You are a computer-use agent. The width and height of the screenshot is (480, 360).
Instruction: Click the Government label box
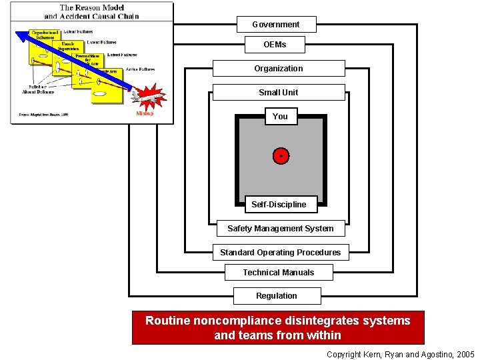(x=276, y=25)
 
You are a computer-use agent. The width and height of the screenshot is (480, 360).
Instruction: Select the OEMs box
(x=275, y=45)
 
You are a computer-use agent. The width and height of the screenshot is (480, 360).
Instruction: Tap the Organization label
(x=279, y=69)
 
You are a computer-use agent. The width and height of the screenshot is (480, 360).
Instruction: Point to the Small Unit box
(x=279, y=93)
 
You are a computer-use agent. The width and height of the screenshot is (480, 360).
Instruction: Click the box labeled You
(x=280, y=117)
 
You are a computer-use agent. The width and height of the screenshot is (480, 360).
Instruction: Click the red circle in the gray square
(x=281, y=156)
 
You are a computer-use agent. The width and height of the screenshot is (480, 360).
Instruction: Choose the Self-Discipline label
(x=279, y=205)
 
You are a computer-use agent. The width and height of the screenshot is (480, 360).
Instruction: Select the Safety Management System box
(x=280, y=229)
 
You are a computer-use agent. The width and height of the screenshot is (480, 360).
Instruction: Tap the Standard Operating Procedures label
(x=280, y=253)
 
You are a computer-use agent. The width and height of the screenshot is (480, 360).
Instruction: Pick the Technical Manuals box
(x=278, y=273)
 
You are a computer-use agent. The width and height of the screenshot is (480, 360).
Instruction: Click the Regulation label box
(x=277, y=296)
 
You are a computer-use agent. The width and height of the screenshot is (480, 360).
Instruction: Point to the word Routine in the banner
(x=168, y=321)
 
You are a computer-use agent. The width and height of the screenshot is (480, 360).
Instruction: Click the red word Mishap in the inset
(x=145, y=113)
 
